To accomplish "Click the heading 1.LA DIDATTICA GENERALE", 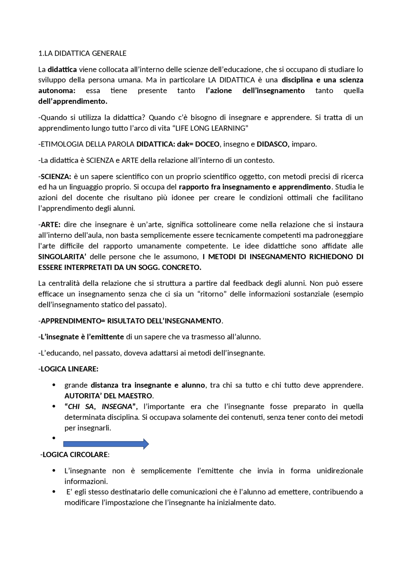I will pyautogui.click(x=82, y=53).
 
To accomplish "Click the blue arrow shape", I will pyautogui.click(x=106, y=444).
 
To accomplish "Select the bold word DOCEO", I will pyautogui.click(x=207, y=144).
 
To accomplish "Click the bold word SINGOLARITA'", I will pyautogui.click(x=62, y=257).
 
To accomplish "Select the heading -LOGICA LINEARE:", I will pyautogui.click(x=68, y=369).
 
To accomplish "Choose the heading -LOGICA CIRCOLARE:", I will pyautogui.click(x=75, y=455).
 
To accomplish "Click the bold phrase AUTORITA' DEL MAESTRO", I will pyautogui.click(x=109, y=396).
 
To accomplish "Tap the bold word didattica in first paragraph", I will pyautogui.click(x=62, y=69).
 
